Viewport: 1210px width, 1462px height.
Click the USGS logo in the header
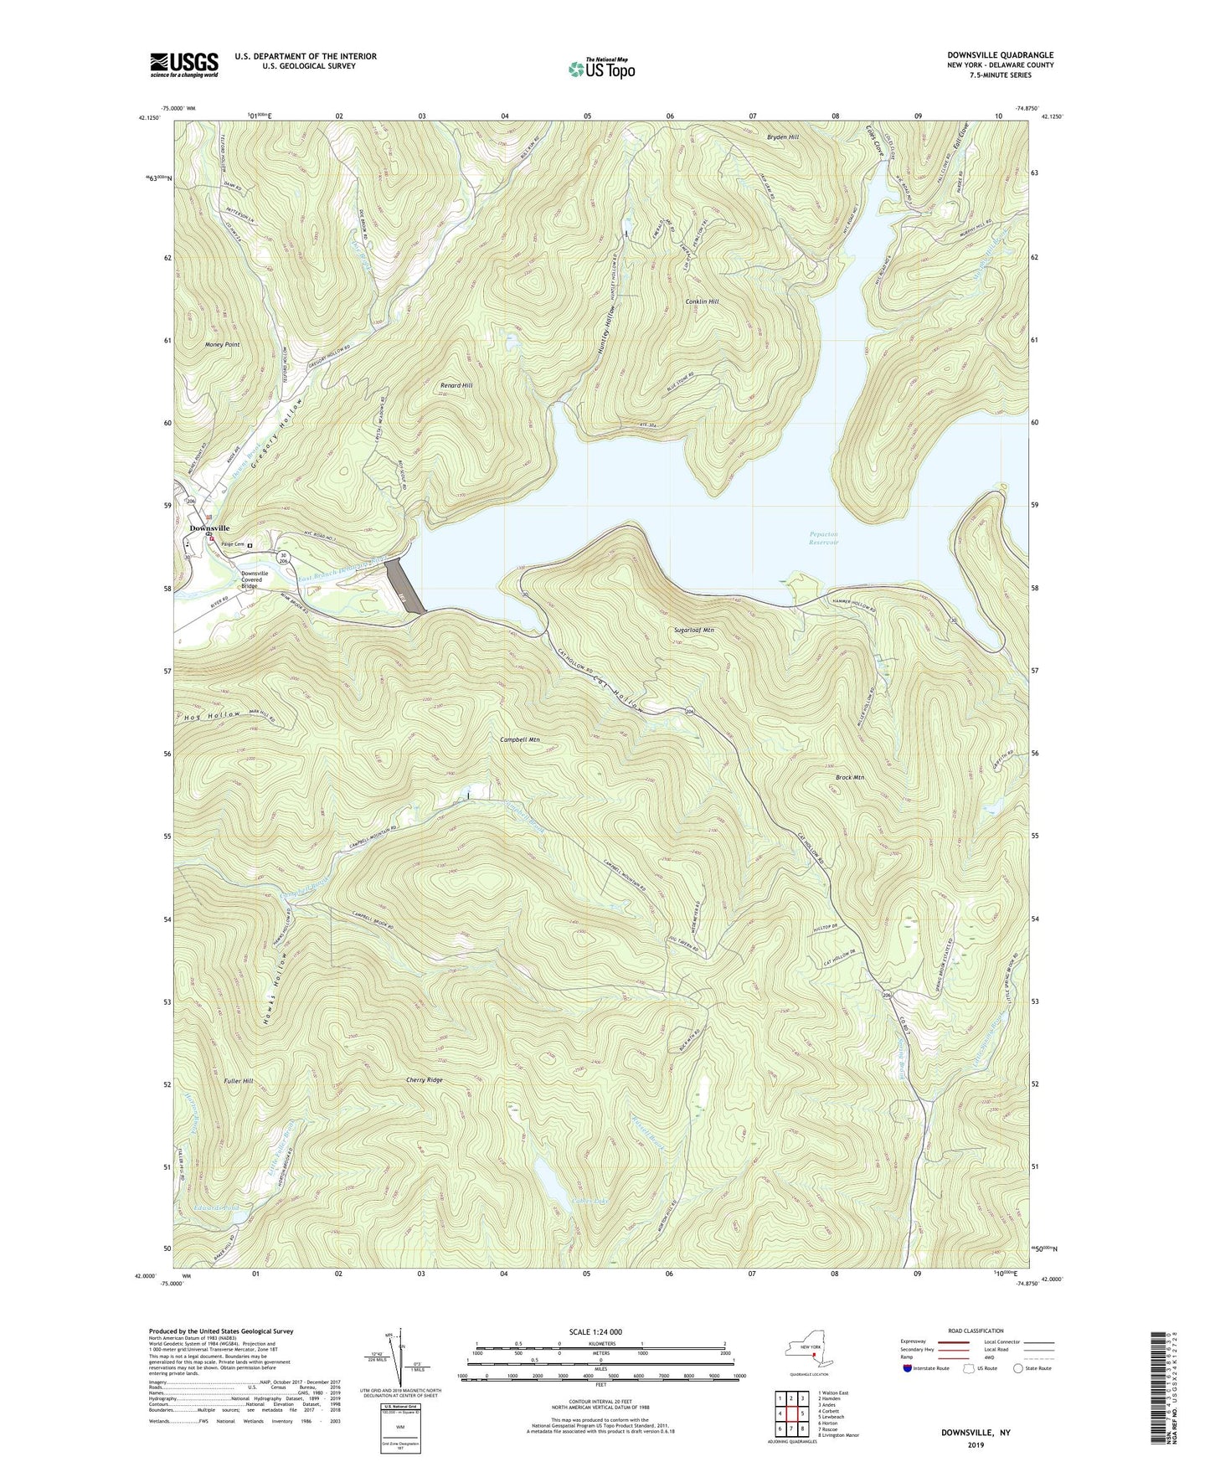point(183,64)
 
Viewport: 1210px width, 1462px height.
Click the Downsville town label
point(209,528)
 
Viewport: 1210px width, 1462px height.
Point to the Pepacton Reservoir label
point(824,538)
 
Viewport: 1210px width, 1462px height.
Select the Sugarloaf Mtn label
point(694,630)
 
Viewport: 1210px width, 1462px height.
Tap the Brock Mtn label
point(850,777)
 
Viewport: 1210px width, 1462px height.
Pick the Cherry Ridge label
point(424,1080)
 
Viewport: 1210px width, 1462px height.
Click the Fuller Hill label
point(239,1081)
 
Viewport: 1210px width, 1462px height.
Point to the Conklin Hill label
point(702,301)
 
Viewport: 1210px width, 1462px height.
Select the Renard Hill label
point(456,385)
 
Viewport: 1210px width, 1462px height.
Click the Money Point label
point(222,344)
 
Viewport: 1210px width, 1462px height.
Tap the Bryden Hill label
point(782,136)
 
